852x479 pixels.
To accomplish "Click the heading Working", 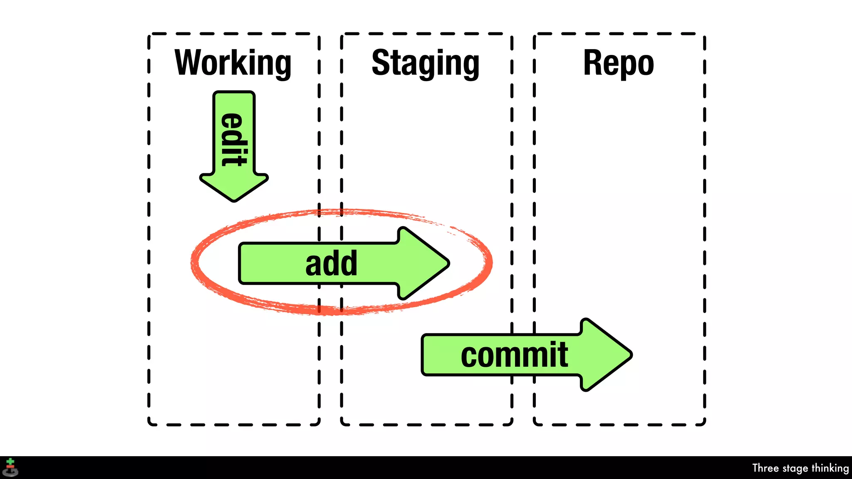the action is [x=233, y=63].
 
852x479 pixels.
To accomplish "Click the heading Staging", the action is [x=425, y=63].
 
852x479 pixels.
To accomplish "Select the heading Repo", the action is [x=618, y=63].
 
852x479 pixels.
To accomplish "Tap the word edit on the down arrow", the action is [x=233, y=139].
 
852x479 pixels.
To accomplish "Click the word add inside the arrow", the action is [x=331, y=263].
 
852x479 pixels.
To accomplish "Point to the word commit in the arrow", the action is [x=514, y=355].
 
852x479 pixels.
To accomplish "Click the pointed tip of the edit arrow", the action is [x=234, y=199].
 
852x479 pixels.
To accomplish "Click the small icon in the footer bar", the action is [x=10, y=468].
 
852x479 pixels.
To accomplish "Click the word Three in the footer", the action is [x=765, y=468].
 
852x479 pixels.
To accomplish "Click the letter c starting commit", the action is [x=470, y=356].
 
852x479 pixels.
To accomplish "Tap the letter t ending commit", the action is [x=563, y=355].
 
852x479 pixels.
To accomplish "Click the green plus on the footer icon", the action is [x=10, y=462].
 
